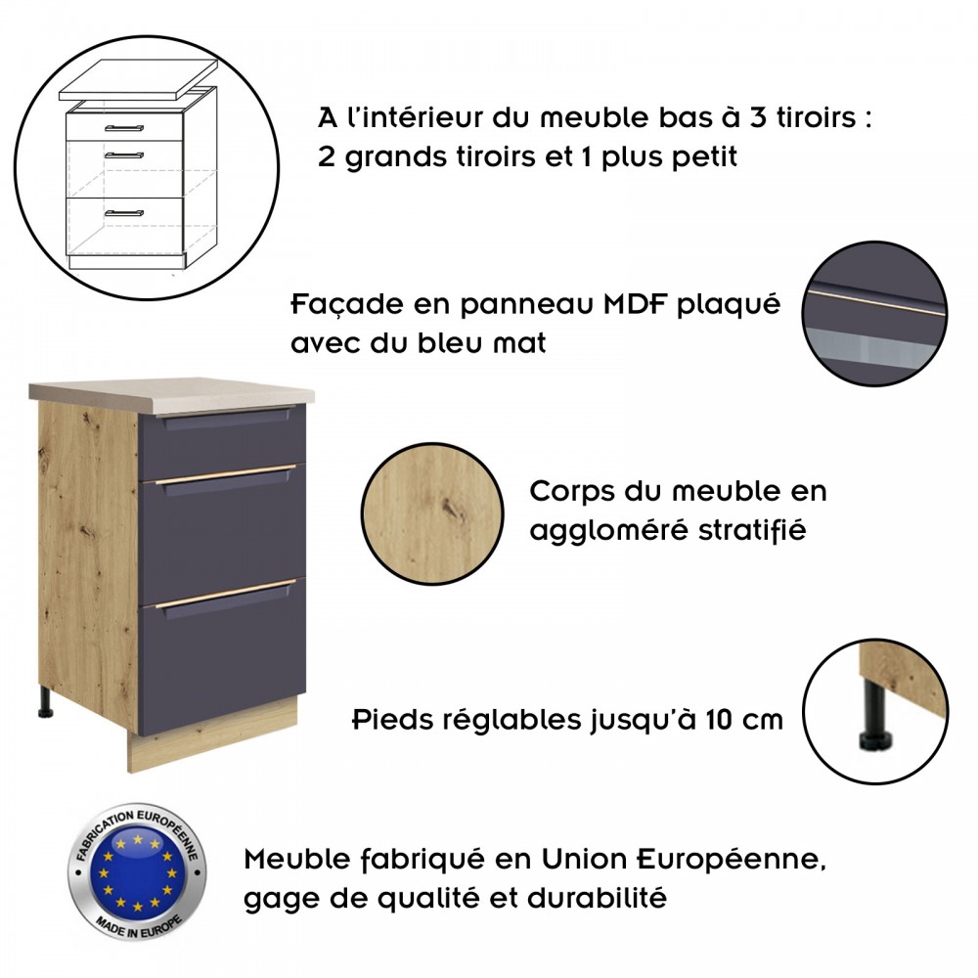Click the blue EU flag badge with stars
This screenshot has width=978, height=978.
pos(137,871)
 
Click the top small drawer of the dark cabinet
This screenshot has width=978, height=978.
pos(221,439)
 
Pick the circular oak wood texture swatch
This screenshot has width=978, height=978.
pos(432,513)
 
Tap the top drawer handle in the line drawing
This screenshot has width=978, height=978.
pos(124,128)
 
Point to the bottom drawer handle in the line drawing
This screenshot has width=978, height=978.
pos(124,212)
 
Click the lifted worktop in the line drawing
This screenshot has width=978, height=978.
pos(139,80)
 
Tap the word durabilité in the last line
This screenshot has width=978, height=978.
pos(597,899)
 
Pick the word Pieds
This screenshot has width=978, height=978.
pos(393,719)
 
